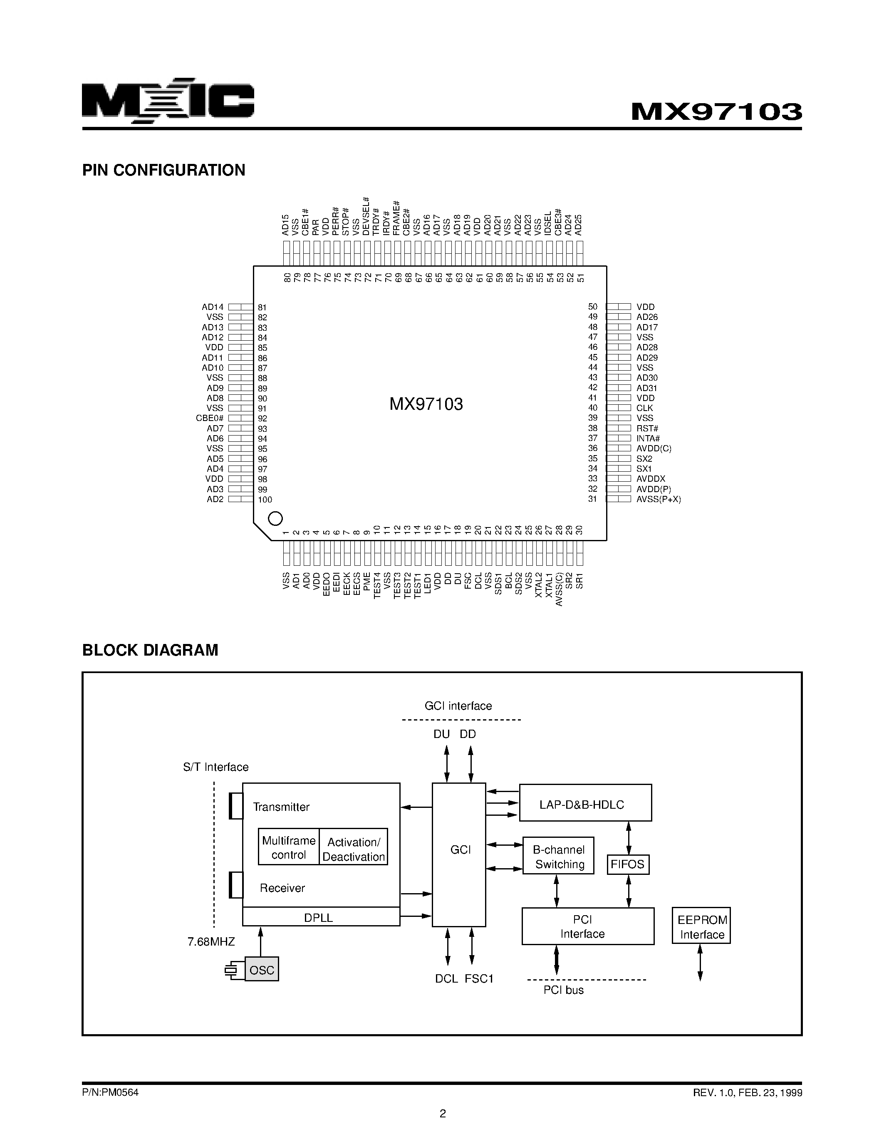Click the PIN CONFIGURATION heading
click(163, 170)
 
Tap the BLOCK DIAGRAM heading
click(150, 650)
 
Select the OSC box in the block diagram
click(262, 970)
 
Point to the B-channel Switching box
click(558, 857)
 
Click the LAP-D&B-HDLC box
click(585, 804)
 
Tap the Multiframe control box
click(289, 847)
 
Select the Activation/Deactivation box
click(354, 849)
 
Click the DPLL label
click(318, 918)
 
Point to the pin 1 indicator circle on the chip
click(275, 519)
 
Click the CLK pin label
click(645, 408)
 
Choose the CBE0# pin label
click(210, 418)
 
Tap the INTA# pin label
click(648, 438)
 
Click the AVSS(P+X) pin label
click(658, 499)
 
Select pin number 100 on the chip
click(265, 500)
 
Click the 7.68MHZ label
click(211, 942)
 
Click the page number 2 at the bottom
click(443, 1113)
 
